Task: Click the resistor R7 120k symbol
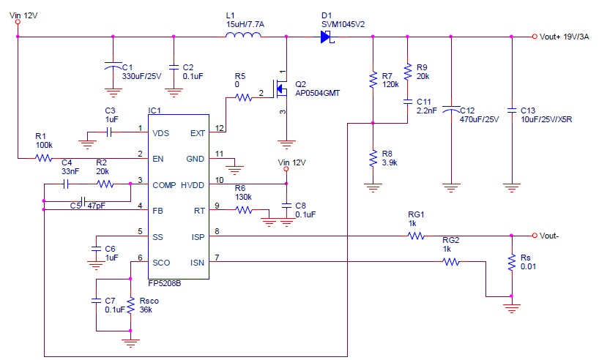coord(373,78)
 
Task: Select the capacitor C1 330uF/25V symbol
coord(113,67)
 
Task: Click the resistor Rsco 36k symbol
coord(130,306)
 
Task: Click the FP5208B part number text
coord(165,282)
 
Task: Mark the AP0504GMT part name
coord(319,93)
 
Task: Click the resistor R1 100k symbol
coord(45,157)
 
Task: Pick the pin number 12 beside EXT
coord(218,129)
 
